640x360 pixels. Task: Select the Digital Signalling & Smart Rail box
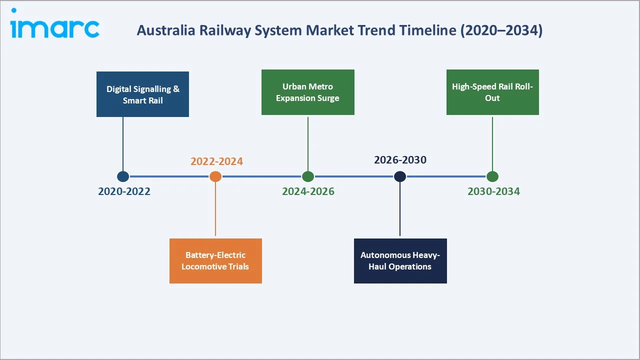tap(142, 94)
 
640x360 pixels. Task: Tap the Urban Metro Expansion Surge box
tap(307, 92)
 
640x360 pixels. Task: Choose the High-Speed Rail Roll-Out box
tap(492, 92)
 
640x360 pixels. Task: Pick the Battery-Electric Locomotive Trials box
tap(215, 261)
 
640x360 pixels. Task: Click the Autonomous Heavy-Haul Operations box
tap(400, 261)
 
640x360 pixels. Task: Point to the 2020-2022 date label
tap(124, 191)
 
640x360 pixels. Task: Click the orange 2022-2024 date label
tap(216, 161)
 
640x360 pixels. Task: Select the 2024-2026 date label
tap(308, 191)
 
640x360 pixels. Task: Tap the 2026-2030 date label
tap(400, 160)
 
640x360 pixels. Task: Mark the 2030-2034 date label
tap(493, 191)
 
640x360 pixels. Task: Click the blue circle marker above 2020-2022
tap(123, 176)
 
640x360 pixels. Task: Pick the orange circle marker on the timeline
tap(215, 176)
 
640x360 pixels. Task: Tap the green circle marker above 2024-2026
tap(308, 176)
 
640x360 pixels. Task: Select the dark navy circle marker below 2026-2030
tap(400, 176)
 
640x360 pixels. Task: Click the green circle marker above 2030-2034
tap(492, 176)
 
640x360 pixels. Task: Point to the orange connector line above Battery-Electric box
tap(215, 210)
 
